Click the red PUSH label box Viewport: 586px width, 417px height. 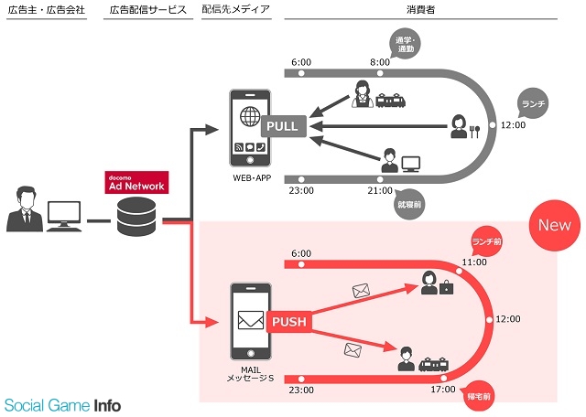click(288, 321)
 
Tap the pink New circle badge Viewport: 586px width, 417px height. click(553, 225)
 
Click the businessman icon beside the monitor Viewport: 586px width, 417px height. click(24, 209)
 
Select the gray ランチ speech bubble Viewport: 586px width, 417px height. click(535, 102)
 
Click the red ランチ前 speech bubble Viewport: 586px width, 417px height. click(488, 241)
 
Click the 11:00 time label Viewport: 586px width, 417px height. click(473, 262)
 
